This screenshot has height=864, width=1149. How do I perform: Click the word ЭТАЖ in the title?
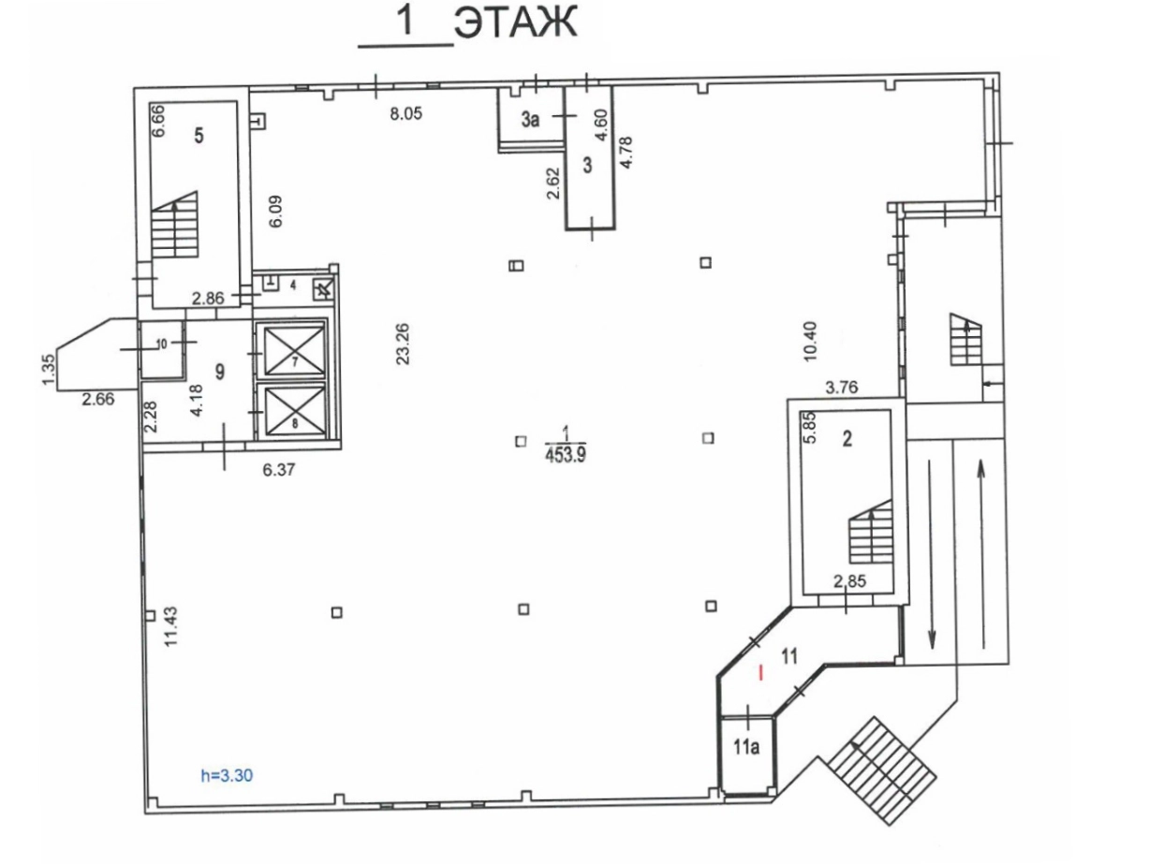click(x=515, y=22)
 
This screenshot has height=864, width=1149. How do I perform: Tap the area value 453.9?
click(x=566, y=455)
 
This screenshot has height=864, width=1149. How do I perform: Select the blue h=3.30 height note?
click(x=227, y=775)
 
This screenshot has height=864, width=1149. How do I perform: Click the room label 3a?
click(x=530, y=120)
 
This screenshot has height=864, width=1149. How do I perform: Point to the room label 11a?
click(x=746, y=747)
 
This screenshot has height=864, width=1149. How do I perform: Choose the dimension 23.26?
click(x=403, y=344)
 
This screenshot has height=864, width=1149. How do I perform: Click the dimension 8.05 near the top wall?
click(x=405, y=113)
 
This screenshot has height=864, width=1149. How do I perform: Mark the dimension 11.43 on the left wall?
click(x=171, y=626)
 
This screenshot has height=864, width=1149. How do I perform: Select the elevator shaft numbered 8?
click(x=295, y=411)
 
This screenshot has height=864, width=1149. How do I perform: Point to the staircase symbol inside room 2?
click(x=871, y=531)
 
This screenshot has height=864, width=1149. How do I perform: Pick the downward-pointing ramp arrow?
click(x=932, y=554)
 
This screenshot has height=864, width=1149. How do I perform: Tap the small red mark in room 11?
click(x=760, y=673)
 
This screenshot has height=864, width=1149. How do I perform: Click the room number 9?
click(x=220, y=372)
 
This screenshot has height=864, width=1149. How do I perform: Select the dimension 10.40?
click(x=809, y=342)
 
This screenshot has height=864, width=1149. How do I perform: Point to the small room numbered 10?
click(x=162, y=347)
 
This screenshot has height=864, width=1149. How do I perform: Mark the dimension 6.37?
click(x=278, y=469)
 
